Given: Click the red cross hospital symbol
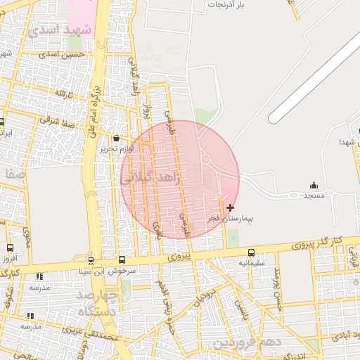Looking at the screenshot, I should (230, 207).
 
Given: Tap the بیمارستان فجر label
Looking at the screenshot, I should (229, 219).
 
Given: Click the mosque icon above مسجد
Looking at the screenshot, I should (314, 185).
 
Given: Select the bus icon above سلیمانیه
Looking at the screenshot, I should (251, 253).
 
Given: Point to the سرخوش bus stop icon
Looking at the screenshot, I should (122, 260).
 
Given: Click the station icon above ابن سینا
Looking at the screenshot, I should (91, 261).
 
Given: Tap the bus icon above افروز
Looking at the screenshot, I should (9, 248).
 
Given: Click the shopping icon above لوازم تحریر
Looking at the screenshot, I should (116, 139).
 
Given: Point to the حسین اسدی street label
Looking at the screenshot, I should (62, 54).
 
